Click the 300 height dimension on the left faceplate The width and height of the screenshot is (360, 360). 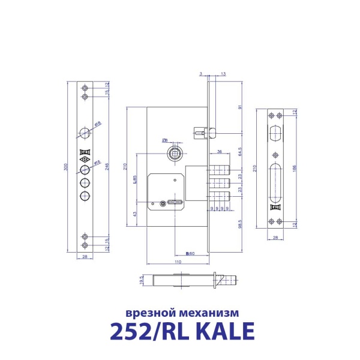pos(67,167)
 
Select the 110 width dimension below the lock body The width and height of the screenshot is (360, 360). pos(178,262)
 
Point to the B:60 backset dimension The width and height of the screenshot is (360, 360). pos(188,254)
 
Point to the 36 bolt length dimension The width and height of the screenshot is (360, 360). pos(220,151)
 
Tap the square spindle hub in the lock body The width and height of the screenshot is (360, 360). pos(175,152)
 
